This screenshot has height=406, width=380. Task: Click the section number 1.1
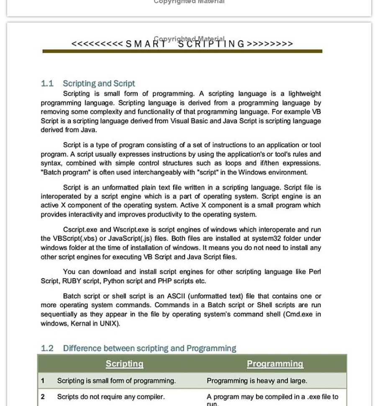[x=47, y=84]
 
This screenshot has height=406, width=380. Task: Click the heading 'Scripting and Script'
[x=99, y=84]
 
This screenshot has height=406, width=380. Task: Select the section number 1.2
[x=47, y=348]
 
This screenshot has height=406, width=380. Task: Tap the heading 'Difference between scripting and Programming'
[x=149, y=348]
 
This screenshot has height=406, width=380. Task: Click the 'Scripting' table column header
[x=124, y=364]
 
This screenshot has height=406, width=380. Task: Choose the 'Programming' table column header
[x=275, y=364]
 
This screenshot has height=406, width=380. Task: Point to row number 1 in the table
[x=43, y=381]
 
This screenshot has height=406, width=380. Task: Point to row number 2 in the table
[x=43, y=397]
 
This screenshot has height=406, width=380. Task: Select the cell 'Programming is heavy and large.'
[x=257, y=381]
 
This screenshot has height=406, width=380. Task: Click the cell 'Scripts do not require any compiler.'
[x=111, y=397]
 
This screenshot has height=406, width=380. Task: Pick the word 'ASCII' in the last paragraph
[x=176, y=296]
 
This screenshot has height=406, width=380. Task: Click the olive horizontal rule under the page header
[x=182, y=51]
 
